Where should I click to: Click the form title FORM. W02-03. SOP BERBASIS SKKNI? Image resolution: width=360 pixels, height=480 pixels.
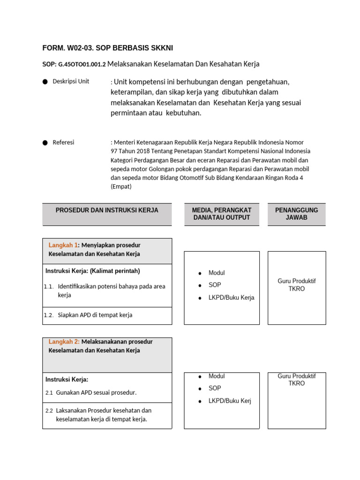click(x=111, y=48)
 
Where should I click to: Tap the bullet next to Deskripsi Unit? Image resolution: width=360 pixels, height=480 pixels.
click(x=45, y=82)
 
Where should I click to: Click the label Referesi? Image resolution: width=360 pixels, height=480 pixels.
click(x=63, y=142)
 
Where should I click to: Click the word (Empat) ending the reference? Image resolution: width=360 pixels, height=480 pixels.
click(x=121, y=186)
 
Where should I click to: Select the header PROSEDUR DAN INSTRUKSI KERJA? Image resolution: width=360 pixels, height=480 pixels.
click(x=107, y=210)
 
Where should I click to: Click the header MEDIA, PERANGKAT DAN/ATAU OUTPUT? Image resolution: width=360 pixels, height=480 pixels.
click(x=222, y=214)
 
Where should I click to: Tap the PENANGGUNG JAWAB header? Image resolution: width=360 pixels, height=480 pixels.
click(x=296, y=214)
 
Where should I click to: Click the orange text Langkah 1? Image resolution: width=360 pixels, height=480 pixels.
click(x=63, y=245)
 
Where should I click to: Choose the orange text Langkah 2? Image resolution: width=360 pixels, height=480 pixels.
click(x=64, y=342)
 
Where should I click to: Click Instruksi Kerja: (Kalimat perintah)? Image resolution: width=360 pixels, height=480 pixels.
click(x=93, y=271)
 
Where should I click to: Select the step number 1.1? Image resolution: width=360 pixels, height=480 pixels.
click(x=49, y=286)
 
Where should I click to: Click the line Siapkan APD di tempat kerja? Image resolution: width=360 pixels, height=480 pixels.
click(x=95, y=315)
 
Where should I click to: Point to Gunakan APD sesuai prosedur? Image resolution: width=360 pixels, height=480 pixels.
click(x=96, y=392)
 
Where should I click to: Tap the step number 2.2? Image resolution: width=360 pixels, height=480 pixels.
click(x=49, y=411)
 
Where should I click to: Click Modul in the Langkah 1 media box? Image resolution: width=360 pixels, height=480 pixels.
click(x=217, y=273)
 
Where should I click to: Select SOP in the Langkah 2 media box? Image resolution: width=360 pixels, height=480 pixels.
click(x=215, y=388)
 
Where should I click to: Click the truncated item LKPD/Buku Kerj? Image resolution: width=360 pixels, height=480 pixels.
click(x=230, y=401)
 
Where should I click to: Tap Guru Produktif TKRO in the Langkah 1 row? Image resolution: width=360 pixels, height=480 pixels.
click(x=296, y=285)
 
